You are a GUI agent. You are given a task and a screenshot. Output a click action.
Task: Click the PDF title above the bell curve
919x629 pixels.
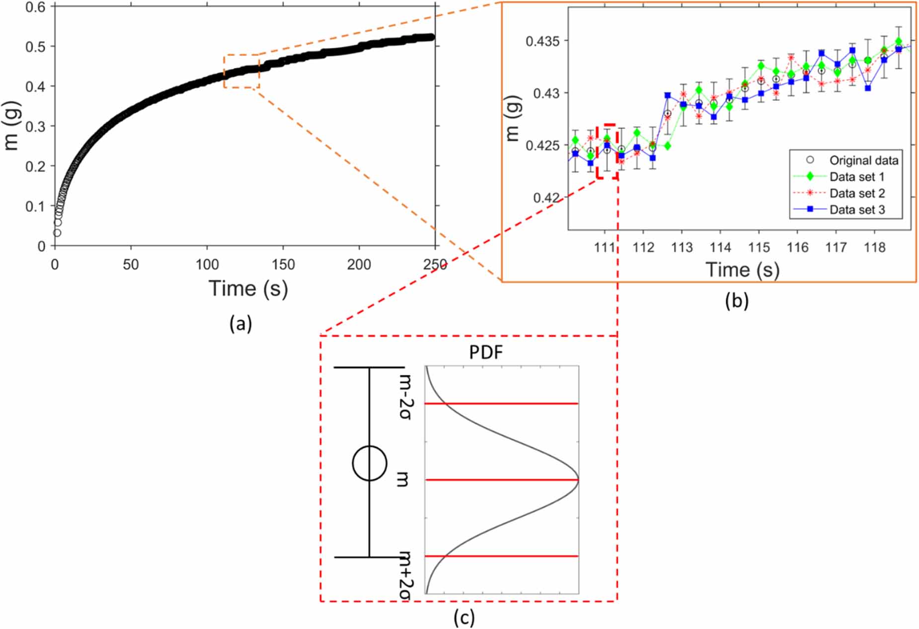[x=485, y=352]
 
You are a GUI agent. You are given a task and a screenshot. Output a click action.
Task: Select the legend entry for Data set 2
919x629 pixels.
[x=856, y=193]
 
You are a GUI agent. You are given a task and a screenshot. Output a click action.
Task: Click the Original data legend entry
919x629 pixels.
[x=863, y=160]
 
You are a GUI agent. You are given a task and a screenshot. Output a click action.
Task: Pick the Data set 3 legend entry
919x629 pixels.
[x=856, y=210]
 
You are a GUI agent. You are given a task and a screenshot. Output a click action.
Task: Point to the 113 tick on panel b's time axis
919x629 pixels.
[x=682, y=247]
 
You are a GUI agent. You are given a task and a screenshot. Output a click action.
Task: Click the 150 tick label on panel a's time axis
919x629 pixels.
[x=283, y=265]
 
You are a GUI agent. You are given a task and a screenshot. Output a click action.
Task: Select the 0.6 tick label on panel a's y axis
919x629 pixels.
[x=35, y=7]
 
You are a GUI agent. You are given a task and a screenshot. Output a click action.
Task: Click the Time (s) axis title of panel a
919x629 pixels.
[x=248, y=288]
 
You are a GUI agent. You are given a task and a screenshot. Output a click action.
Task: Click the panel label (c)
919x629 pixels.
[x=464, y=617]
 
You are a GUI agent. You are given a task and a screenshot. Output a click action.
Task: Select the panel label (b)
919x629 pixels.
[x=736, y=300]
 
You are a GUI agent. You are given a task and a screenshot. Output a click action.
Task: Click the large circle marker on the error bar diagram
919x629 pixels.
[x=369, y=463]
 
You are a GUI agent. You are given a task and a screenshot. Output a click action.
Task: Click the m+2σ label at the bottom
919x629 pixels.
[x=406, y=576]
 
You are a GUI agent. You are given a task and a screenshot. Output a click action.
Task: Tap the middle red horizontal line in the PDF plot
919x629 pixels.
[x=502, y=480]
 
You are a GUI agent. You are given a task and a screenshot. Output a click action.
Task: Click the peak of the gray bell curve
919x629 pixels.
[x=577, y=480]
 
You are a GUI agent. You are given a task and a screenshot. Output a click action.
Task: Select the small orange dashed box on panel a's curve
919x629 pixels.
[x=241, y=71]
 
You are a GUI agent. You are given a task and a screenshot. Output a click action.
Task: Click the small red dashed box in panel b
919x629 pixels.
[x=607, y=151]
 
